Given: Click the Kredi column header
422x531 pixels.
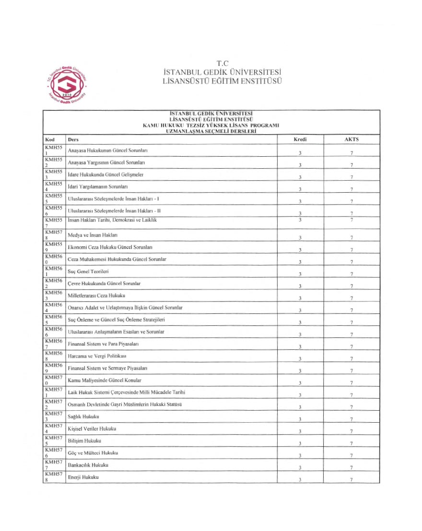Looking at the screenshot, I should pyautogui.click(x=300, y=139).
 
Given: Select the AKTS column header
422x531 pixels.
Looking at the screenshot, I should pyautogui.click(x=352, y=139).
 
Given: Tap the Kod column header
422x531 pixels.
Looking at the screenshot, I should pyautogui.click(x=49, y=139).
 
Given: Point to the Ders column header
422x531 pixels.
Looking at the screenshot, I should pyautogui.click(x=73, y=139).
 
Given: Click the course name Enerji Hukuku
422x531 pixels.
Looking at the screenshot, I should pyautogui.click(x=86, y=477).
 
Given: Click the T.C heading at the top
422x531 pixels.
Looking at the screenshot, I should pyautogui.click(x=222, y=63).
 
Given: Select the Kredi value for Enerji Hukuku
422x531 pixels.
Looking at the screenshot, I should pyautogui.click(x=300, y=480).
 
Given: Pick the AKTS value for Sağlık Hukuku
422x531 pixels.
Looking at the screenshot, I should pyautogui.click(x=352, y=419).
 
